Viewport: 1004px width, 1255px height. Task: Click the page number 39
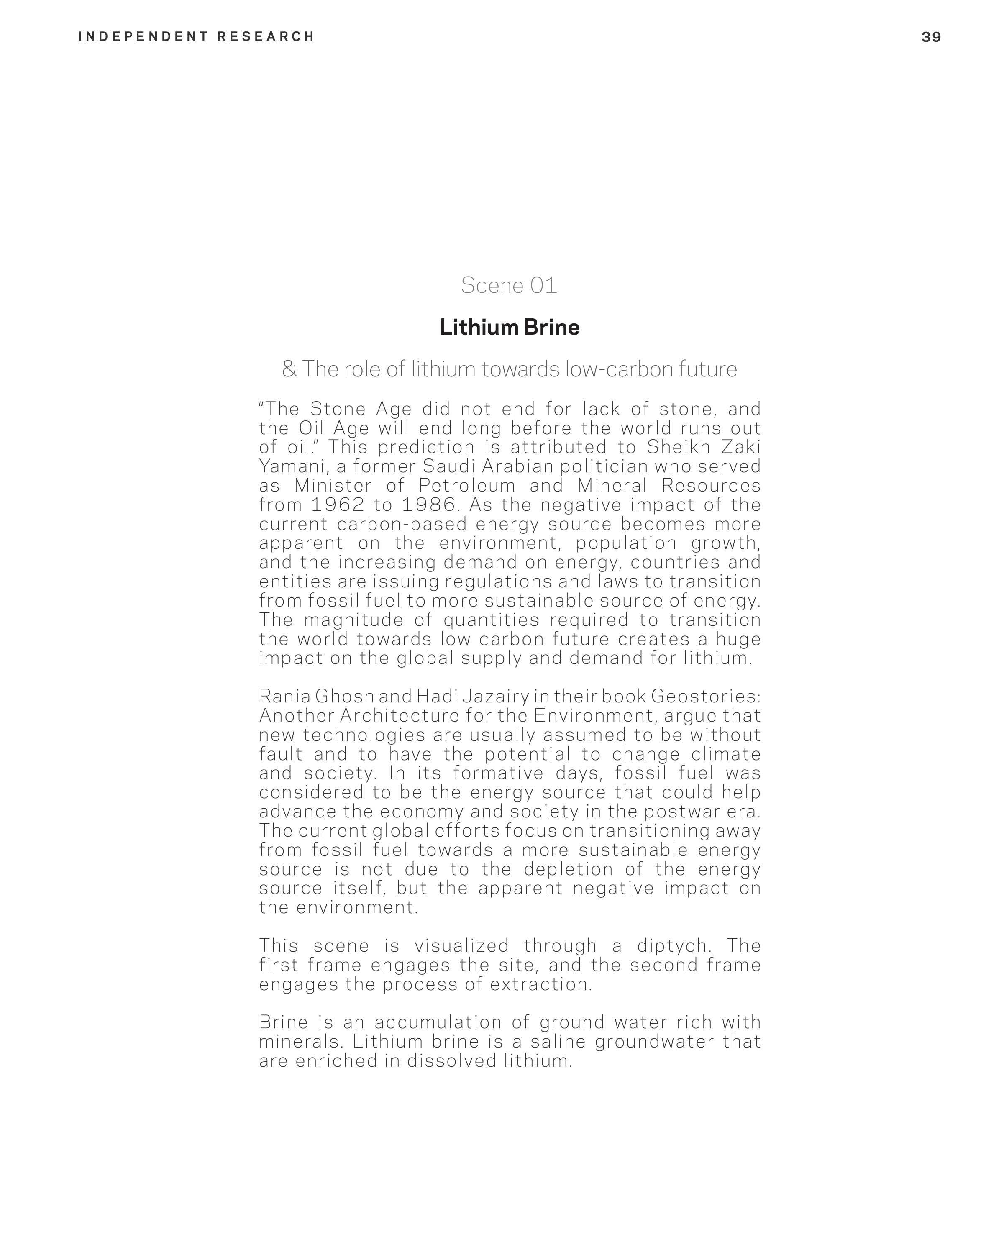click(x=931, y=37)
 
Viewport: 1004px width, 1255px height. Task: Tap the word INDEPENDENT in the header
click(x=143, y=37)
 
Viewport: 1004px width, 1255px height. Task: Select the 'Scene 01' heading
click(x=509, y=285)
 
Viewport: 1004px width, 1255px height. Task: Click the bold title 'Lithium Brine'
click(x=509, y=327)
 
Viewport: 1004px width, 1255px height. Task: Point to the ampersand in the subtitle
click(x=289, y=369)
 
